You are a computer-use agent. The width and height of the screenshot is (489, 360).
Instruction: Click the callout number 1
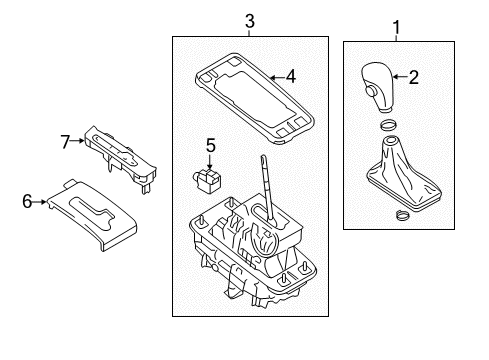[396, 27]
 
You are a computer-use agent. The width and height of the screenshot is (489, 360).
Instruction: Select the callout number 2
[414, 77]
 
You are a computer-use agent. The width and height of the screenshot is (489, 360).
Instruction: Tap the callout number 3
[250, 21]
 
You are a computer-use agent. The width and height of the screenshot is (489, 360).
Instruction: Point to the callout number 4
[291, 76]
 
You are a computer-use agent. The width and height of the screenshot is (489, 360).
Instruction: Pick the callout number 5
[211, 146]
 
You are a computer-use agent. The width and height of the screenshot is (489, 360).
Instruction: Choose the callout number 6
[27, 201]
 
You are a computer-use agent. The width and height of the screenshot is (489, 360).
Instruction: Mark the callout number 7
[65, 142]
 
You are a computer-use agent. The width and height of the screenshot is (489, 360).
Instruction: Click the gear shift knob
[377, 87]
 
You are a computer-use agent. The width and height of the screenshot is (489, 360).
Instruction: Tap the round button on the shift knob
[370, 91]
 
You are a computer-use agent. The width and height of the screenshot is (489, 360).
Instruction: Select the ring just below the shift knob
[388, 125]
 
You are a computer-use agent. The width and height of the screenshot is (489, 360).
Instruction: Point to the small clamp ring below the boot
[402, 215]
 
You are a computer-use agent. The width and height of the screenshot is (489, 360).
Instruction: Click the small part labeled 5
[207, 179]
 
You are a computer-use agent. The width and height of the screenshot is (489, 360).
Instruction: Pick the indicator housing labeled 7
[121, 159]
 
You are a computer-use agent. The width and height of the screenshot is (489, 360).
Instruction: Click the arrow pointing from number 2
[401, 77]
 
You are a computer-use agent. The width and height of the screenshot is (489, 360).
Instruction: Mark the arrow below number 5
[210, 162]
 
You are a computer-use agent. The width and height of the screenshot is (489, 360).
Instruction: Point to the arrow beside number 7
[77, 141]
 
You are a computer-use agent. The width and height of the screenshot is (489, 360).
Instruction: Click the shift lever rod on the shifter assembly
[268, 189]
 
